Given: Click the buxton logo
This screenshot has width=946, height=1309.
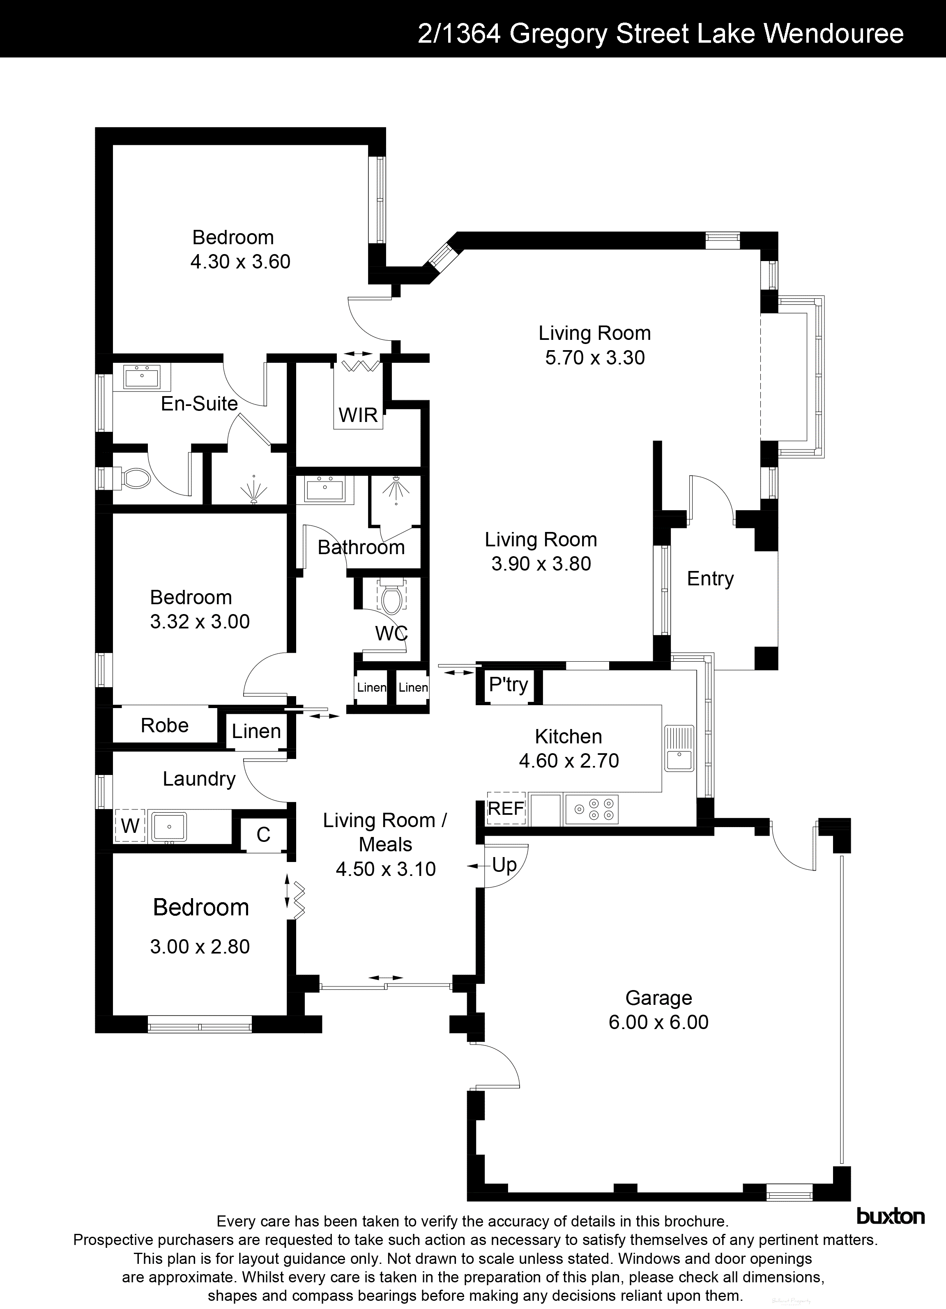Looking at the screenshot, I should [890, 1217].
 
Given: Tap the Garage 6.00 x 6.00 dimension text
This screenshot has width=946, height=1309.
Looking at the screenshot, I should [658, 1022].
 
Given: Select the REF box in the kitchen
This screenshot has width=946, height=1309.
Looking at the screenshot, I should [506, 808].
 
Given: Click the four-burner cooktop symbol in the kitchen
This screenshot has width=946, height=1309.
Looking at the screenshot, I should [592, 809].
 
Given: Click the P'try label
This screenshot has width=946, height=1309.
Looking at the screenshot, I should [508, 685].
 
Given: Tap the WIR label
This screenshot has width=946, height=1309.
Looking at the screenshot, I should [358, 415].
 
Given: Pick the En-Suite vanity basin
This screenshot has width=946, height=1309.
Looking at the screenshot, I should [141, 378].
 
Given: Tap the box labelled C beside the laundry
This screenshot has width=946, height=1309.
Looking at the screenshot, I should [263, 834].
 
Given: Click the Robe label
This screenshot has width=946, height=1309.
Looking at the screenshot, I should [165, 725].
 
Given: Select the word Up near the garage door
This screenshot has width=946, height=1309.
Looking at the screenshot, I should [504, 864].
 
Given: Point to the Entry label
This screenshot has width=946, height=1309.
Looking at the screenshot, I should [710, 578].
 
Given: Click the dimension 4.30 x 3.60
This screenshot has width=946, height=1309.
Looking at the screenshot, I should [240, 261].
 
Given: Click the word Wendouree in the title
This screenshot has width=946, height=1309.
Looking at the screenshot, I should [834, 34].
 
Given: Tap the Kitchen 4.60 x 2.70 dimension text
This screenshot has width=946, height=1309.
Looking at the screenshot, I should [569, 761].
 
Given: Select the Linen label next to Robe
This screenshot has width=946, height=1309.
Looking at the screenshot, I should [256, 731].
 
